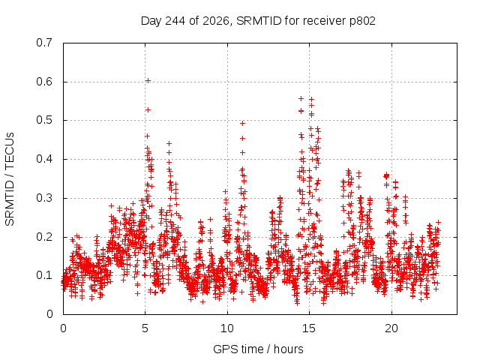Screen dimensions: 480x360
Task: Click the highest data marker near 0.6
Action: pyautogui.click(x=148, y=81)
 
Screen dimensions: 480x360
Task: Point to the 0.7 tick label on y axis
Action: pyautogui.click(x=44, y=43)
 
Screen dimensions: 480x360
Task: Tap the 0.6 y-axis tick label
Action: pyautogui.click(x=44, y=82)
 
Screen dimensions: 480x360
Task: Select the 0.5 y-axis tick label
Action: pyautogui.click(x=44, y=120)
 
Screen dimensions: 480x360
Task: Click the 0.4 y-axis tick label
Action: pyautogui.click(x=44, y=159)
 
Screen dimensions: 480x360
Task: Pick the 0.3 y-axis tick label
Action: pyautogui.click(x=44, y=198)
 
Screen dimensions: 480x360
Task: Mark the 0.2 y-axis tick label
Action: pyautogui.click(x=44, y=237)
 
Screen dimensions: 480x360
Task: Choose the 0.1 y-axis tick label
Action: pyautogui.click(x=44, y=275)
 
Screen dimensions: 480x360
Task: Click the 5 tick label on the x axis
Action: pyautogui.click(x=145, y=328)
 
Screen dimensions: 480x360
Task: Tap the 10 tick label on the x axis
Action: pyautogui.click(x=227, y=328)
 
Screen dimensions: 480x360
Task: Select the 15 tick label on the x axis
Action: pyautogui.click(x=309, y=328)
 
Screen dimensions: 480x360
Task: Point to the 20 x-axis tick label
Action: pyautogui.click(x=391, y=328)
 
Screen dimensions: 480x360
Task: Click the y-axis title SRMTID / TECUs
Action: pyautogui.click(x=10, y=179)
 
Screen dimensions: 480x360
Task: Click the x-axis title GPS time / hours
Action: pyautogui.click(x=258, y=349)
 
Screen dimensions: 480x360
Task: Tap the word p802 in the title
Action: pyautogui.click(x=362, y=21)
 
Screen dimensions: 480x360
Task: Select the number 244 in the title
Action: pyautogui.click(x=175, y=21)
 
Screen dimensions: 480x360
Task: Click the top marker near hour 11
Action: pyautogui.click(x=242, y=123)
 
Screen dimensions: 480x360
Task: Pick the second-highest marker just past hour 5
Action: pyautogui.click(x=148, y=110)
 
